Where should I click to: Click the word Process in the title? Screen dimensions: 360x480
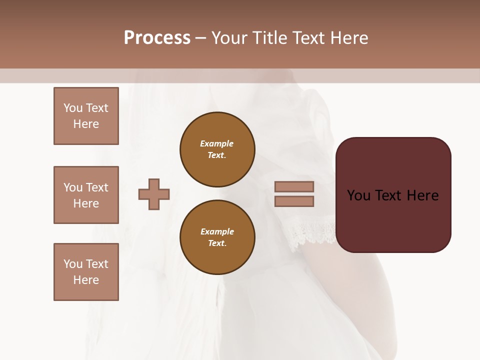(157, 38)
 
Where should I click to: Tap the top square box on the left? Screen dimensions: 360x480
(86, 116)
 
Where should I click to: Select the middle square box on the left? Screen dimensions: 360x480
(86, 195)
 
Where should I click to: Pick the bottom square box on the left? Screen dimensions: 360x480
(86, 272)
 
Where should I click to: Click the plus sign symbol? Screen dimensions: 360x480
(154, 194)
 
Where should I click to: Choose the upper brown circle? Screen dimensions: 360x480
(217, 149)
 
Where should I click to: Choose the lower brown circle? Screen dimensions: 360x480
(217, 237)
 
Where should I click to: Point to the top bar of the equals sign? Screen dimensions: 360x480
(294, 186)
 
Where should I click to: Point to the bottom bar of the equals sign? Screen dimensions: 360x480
(294, 201)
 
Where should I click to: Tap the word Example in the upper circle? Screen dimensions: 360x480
(217, 144)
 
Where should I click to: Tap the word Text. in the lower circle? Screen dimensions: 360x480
(217, 243)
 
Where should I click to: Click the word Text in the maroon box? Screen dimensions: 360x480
(390, 195)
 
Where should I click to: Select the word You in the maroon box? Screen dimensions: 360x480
(358, 195)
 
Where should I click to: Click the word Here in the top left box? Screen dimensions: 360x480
(86, 124)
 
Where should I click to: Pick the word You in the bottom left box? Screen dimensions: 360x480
(73, 264)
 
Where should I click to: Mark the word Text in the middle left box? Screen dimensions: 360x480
(97, 187)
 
